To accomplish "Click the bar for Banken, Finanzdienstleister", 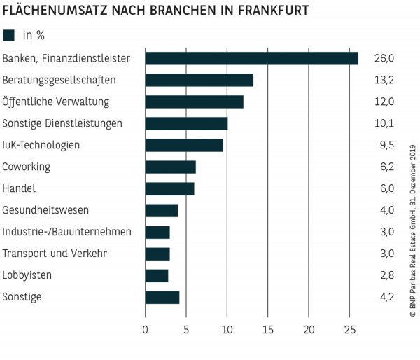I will point(251,58).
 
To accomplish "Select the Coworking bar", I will point(170,167).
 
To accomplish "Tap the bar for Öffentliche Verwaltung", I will point(194,102).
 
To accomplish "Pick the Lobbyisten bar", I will point(156,275).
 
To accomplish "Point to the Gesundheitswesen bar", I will point(161,210).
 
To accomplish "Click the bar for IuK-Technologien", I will point(184,145).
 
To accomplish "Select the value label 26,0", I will point(385,58).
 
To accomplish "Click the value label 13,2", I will point(385,80).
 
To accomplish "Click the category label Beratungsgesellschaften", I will point(59,80).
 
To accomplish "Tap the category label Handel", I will point(19,188).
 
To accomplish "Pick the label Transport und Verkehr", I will point(55,254).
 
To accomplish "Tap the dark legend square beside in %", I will point(9,34).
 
